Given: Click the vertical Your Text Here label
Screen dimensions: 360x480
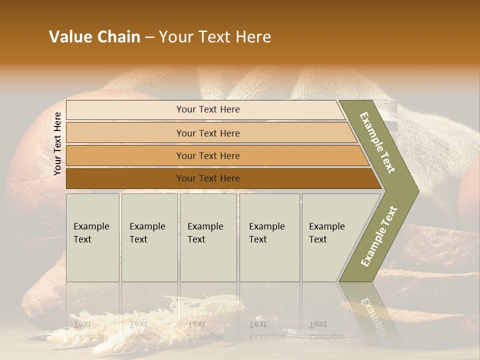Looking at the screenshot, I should (x=57, y=144).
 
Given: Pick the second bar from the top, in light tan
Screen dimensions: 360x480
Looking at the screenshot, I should (x=208, y=133).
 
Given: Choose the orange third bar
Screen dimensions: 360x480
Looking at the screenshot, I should (x=208, y=155).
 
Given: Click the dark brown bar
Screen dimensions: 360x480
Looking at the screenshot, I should (x=208, y=178).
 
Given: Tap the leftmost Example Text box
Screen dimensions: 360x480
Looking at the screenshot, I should (x=92, y=237).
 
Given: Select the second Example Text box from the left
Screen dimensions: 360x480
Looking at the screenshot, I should (x=149, y=237).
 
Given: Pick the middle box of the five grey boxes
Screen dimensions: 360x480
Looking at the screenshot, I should (x=208, y=237).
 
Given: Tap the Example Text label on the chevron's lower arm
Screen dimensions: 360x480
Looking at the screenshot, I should (x=378, y=236).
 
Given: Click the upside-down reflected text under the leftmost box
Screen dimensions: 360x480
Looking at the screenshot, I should (x=91, y=330).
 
